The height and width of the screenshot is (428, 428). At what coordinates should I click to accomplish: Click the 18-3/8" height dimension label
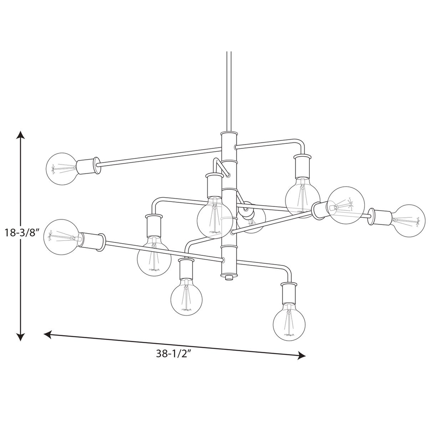20,233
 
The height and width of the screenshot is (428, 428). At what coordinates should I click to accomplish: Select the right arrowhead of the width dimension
301,355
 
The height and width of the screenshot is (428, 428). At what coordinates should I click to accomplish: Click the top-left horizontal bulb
62,169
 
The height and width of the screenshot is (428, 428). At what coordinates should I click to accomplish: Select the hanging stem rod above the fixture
229,92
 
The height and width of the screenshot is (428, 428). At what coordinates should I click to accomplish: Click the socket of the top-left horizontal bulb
88,166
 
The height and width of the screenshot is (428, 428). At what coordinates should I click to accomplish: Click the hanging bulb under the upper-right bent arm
303,197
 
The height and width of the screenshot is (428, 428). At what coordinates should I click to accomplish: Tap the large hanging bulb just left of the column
214,217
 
